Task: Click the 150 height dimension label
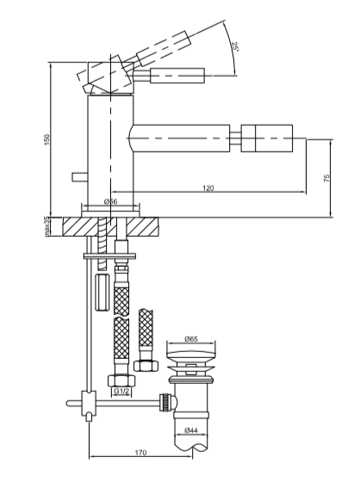(x=47, y=139)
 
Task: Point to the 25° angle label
(x=236, y=46)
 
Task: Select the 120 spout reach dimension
(x=208, y=188)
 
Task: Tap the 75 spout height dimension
(x=326, y=178)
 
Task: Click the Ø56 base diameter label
(x=111, y=201)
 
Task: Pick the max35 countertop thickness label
(x=47, y=226)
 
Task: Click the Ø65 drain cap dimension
(x=191, y=339)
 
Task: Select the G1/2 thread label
(x=121, y=391)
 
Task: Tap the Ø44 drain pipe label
(x=191, y=430)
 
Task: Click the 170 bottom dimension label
(x=140, y=453)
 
